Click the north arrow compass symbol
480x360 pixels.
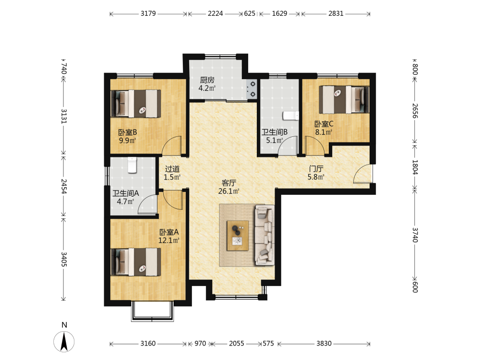click(64, 341)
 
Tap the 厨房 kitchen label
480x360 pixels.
click(207, 80)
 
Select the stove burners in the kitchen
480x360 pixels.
click(252, 89)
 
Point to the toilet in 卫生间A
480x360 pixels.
click(132, 165)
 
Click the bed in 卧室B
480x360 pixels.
click(136, 104)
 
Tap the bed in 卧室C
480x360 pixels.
click(344, 99)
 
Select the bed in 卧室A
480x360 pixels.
click(136, 262)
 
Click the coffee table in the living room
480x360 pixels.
click(238, 236)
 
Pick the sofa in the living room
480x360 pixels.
click(264, 235)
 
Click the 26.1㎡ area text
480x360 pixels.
click(228, 192)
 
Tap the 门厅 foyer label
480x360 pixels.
click(316, 168)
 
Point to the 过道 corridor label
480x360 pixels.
click(172, 169)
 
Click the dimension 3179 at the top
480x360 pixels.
click(148, 13)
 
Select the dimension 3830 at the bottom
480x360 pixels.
click(324, 344)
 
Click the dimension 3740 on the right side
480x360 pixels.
click(415, 235)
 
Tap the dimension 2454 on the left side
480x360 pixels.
click(64, 186)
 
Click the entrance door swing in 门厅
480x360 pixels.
click(362, 174)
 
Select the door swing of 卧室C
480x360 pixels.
click(315, 146)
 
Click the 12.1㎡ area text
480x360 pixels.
click(168, 240)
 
